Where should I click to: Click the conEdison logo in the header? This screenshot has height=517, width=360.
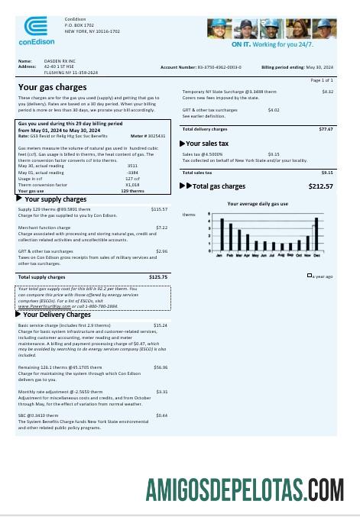[x=34, y=31]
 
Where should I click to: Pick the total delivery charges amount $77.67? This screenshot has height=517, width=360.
[x=326, y=129]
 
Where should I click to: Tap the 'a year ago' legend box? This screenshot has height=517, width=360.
[x=310, y=276]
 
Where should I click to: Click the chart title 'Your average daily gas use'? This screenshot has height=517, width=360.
[x=258, y=204]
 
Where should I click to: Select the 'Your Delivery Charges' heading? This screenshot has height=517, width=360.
[x=57, y=314]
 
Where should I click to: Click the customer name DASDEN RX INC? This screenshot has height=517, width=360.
[x=50, y=60]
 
